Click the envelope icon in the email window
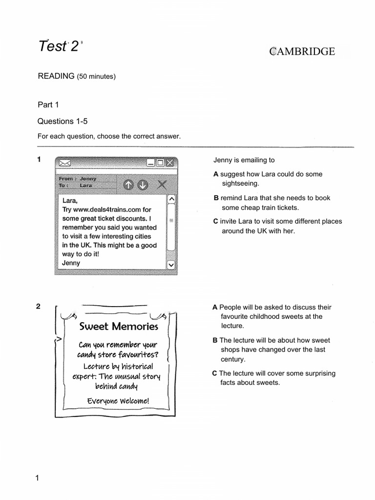tap(64, 163)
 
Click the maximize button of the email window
tap(160, 163)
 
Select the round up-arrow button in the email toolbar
tap(128, 185)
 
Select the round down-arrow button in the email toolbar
tap(142, 185)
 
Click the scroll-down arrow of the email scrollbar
tap(171, 264)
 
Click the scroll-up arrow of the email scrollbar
tap(171, 199)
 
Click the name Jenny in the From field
tap(88, 179)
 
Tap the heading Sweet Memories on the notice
tap(119, 326)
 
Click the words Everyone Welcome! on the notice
tap(118, 401)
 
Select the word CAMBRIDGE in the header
tap(302, 51)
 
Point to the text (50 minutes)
tap(96, 77)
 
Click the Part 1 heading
tap(48, 104)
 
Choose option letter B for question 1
tap(216, 198)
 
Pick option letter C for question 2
tap(214, 374)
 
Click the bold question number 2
tap(38, 307)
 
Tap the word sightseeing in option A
tap(240, 184)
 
